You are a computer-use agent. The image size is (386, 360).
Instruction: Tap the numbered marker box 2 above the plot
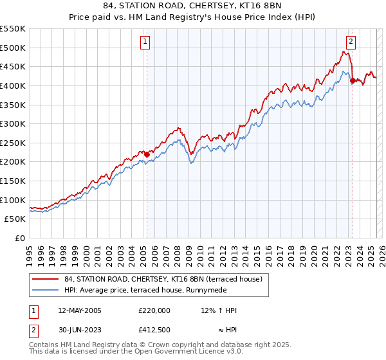pos(351,42)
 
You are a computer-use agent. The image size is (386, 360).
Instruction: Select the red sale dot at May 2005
pos(147,154)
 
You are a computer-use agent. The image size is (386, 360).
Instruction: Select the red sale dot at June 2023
pos(353,80)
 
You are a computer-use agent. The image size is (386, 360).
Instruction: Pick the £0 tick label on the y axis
pos(20,239)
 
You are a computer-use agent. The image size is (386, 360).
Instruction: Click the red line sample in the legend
pos(45,280)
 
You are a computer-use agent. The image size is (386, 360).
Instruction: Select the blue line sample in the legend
pos(45,291)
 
